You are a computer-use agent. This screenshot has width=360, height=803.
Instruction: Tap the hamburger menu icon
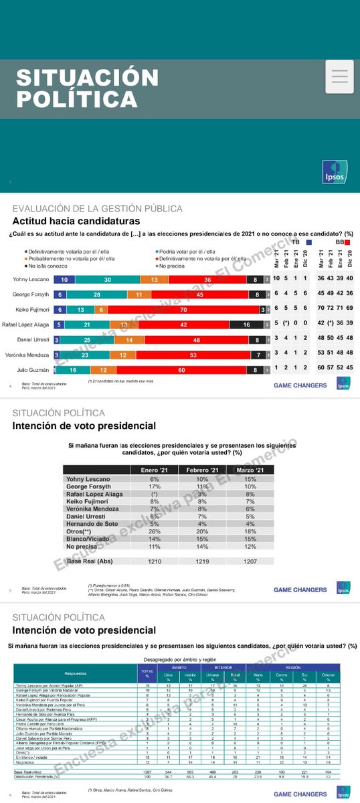click(x=339, y=76)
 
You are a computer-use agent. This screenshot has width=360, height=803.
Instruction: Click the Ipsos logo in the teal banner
click(x=334, y=171)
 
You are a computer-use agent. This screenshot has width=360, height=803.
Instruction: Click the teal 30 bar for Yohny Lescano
click(x=107, y=279)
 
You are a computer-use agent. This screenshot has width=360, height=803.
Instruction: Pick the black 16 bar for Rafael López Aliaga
click(x=247, y=325)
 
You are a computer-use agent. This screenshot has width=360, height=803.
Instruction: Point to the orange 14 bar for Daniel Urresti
click(x=129, y=339)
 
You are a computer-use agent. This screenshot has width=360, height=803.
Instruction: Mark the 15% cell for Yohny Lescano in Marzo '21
click(x=250, y=479)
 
